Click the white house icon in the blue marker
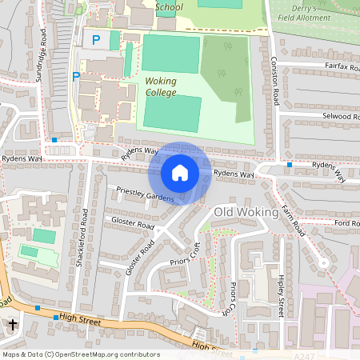click(180, 173)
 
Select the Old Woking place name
click(246, 213)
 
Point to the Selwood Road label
click(330, 117)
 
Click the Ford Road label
click(346, 223)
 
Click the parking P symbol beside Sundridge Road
click(77, 77)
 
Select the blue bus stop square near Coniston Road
click(290, 164)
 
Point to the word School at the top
click(169, 7)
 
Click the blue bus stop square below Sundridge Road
click(54, 140)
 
